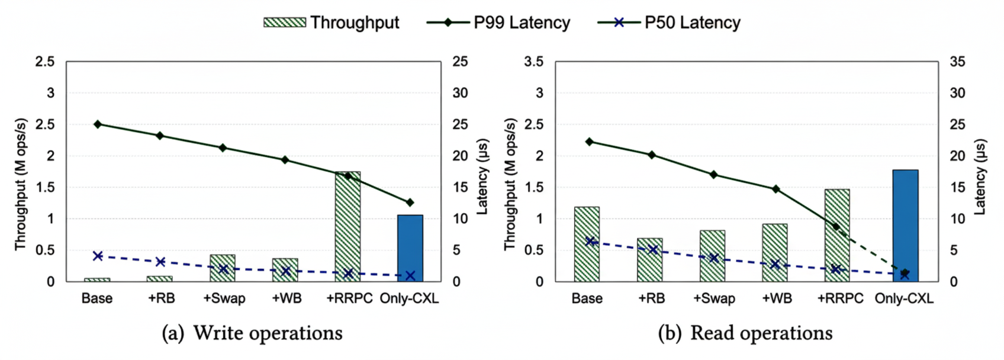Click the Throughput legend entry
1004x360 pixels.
click(x=332, y=22)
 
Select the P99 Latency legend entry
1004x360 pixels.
click(x=498, y=22)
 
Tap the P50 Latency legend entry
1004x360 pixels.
click(x=669, y=22)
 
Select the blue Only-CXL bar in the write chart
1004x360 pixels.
click(x=410, y=249)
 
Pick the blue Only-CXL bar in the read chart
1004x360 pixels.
click(x=905, y=225)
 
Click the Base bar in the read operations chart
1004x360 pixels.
click(x=587, y=244)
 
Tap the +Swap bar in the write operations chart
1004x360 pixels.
click(x=223, y=268)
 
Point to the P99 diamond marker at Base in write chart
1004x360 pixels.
click(x=98, y=124)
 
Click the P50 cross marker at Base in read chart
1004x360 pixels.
click(x=589, y=241)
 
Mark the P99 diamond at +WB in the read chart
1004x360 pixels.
click(x=775, y=189)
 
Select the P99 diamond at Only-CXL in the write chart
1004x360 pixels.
click(x=410, y=202)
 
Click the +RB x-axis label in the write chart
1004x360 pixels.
click(x=161, y=298)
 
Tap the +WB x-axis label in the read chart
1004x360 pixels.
click(x=777, y=298)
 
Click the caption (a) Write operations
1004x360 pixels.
click(x=252, y=333)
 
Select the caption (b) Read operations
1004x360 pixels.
click(x=745, y=333)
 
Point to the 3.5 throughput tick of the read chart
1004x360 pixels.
click(x=533, y=62)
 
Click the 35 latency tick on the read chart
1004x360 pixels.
click(x=957, y=62)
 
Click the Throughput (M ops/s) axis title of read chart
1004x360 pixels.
click(x=510, y=184)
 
